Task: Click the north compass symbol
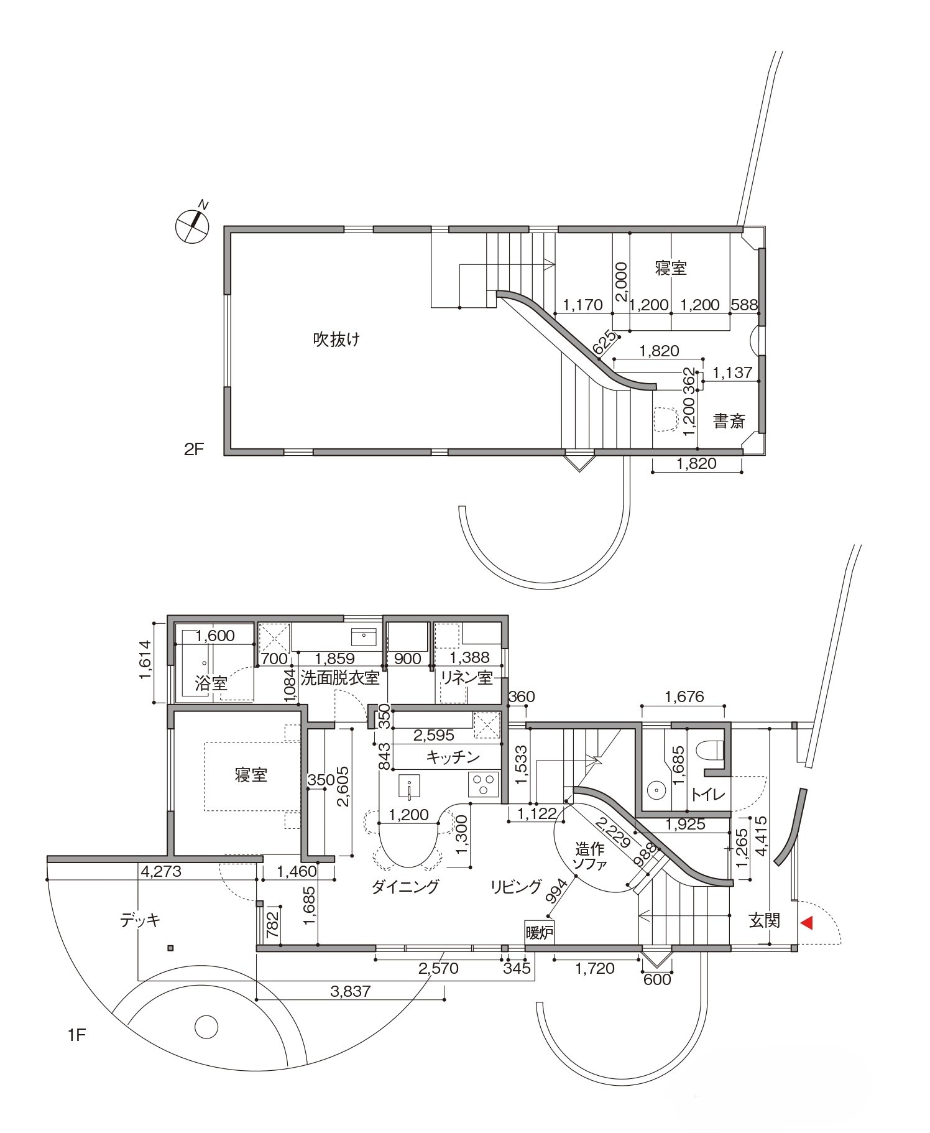193,224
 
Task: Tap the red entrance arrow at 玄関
806,923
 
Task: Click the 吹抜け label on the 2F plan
336,340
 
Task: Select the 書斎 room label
729,421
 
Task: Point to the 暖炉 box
539,933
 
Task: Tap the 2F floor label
194,449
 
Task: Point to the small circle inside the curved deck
206,1027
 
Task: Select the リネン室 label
467,677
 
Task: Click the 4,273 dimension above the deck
161,871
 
